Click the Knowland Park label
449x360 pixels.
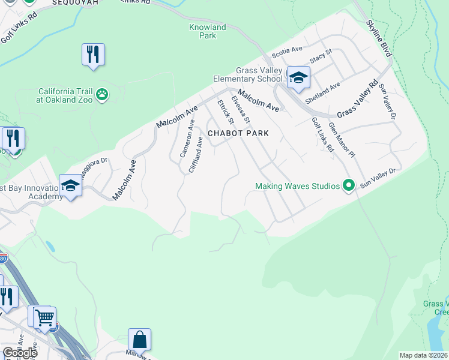coord(202,31)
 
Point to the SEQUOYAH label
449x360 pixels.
coord(74,3)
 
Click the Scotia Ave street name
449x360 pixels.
coord(286,53)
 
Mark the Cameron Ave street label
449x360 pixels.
coord(187,139)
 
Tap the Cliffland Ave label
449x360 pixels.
coord(196,155)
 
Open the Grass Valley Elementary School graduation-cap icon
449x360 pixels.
coord(298,77)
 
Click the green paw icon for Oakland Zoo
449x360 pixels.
coord(103,94)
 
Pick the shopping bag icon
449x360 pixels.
coord(139,340)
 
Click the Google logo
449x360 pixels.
coord(20,353)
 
